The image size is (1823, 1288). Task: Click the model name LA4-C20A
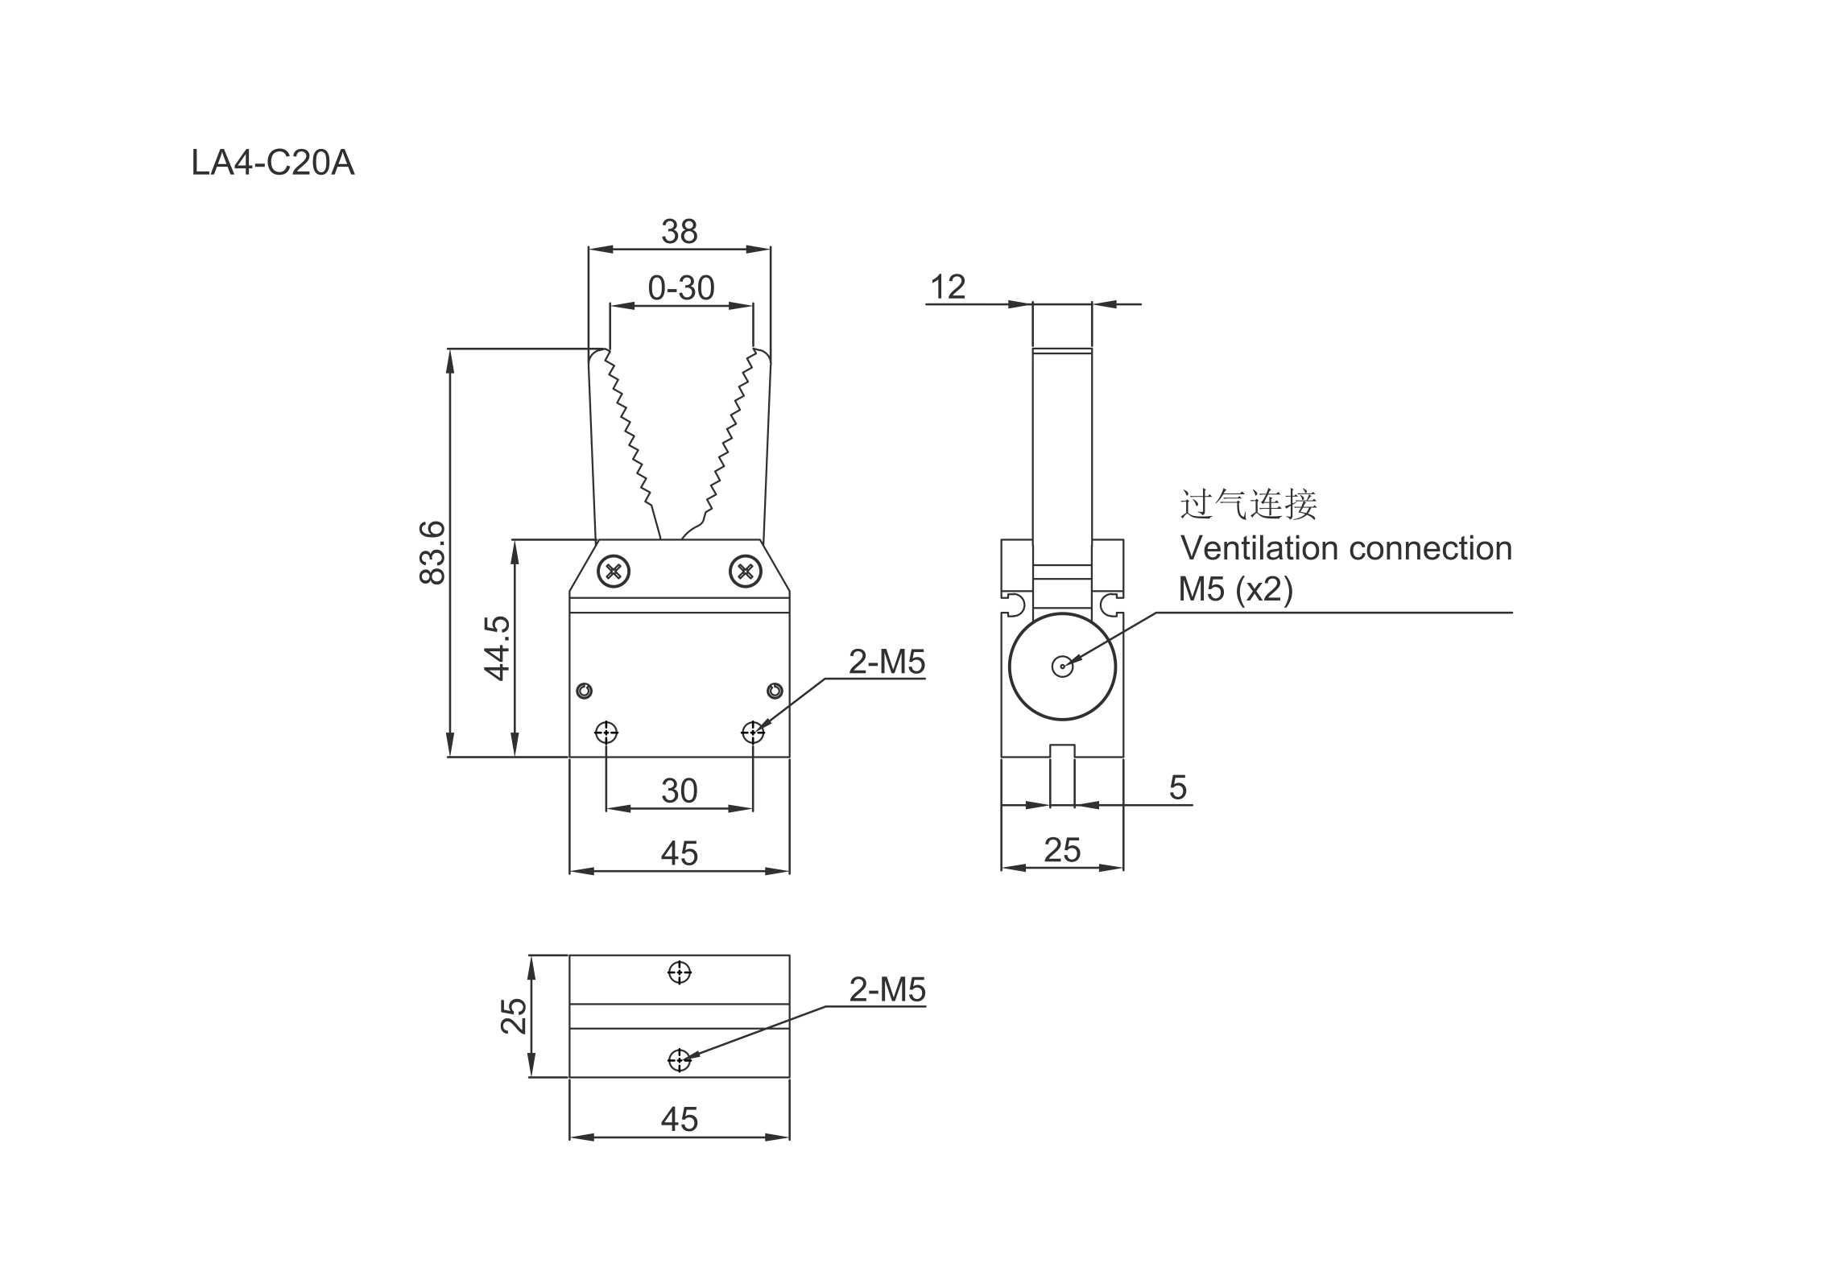pos(272,163)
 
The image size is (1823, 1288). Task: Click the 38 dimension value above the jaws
pos(679,232)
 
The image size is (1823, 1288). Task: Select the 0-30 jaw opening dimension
pos(680,288)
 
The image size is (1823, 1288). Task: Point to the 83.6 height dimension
pos(432,552)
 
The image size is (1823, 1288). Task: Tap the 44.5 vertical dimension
pos(497,648)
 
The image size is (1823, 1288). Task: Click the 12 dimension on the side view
pos(947,287)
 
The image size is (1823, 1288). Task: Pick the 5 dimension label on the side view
pos(1177,787)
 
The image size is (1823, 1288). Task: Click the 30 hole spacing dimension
pos(679,791)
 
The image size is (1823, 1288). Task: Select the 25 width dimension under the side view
pos(1061,850)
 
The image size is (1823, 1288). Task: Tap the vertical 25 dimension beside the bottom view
pos(514,1016)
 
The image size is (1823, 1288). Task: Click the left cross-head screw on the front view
pos(614,572)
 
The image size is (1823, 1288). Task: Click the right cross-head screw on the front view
pos(745,572)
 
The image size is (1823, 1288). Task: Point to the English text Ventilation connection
pos(1346,549)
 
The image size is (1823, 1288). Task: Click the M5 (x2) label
pos(1235,590)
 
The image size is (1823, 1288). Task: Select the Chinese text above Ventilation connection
pos(1248,505)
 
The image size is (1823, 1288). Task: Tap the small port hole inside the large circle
pos(1062,667)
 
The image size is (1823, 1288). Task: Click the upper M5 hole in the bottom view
pos(680,972)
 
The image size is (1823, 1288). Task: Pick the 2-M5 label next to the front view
pos(887,663)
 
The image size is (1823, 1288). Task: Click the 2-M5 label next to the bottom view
pos(887,990)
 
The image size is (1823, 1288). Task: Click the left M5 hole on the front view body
pos(606,733)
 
